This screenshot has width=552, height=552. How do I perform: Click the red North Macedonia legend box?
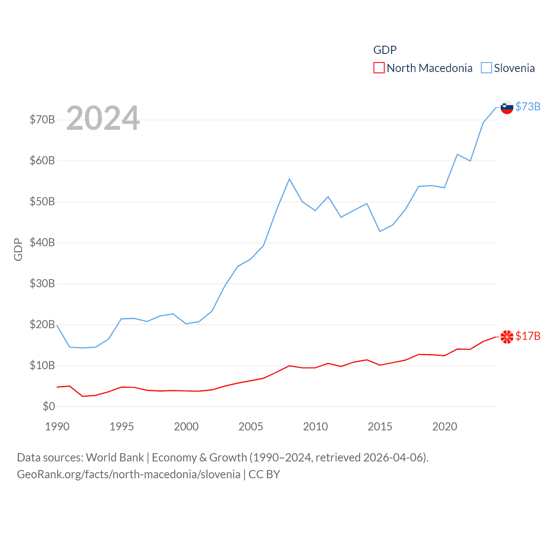(x=379, y=68)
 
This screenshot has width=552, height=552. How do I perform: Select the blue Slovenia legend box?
(x=486, y=68)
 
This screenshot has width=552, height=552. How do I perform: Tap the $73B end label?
(x=527, y=107)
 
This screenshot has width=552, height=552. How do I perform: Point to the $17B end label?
(x=527, y=336)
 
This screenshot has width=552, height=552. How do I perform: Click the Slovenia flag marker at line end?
(x=507, y=107)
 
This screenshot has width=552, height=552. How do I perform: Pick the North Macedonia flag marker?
(x=507, y=336)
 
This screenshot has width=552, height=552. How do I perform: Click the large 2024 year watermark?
(x=103, y=118)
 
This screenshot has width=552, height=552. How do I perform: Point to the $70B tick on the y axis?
(x=42, y=119)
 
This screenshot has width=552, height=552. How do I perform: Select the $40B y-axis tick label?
(x=42, y=242)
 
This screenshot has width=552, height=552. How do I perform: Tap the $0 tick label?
(x=49, y=406)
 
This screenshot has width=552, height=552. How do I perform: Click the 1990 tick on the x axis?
(x=57, y=427)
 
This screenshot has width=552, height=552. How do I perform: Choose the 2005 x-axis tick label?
(x=251, y=427)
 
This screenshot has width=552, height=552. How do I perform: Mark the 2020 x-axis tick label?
(x=445, y=427)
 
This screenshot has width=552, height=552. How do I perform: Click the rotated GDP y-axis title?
(x=18, y=249)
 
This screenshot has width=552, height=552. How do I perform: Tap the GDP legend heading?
(x=385, y=50)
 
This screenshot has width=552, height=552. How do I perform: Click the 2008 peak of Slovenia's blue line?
(x=289, y=179)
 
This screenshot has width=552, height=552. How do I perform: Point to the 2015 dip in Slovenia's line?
(x=380, y=232)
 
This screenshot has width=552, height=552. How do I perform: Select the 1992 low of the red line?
(x=83, y=396)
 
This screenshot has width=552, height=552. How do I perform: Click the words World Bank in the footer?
(x=115, y=458)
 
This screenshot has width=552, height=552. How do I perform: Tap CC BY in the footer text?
(x=264, y=474)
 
